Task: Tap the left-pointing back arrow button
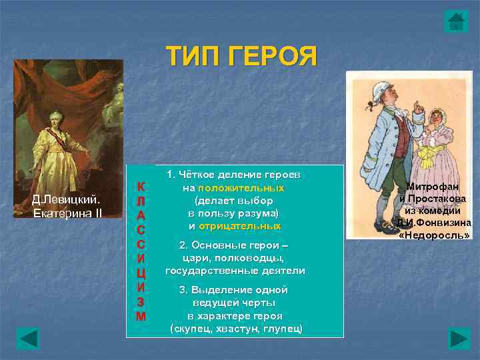(28, 338)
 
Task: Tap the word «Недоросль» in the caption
(435, 235)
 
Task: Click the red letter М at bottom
(141, 316)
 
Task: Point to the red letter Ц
(141, 273)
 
